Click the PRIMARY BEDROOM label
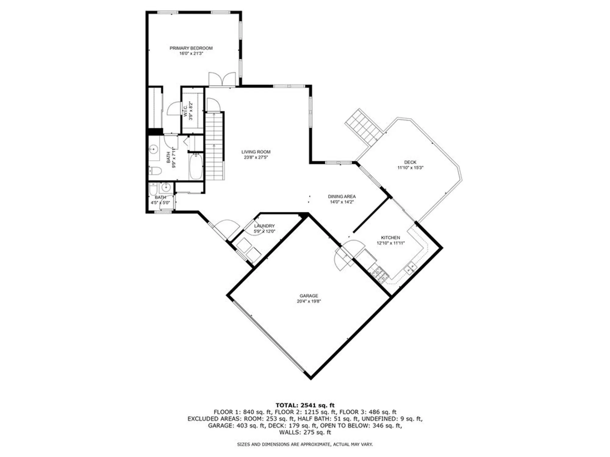(x=191, y=48)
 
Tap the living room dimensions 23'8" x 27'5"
(x=256, y=158)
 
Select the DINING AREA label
(x=342, y=197)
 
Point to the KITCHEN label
(x=390, y=238)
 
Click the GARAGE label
(x=309, y=296)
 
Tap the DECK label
(x=410, y=162)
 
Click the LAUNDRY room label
(x=264, y=226)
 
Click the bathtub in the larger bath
(x=196, y=167)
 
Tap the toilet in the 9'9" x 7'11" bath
(x=155, y=171)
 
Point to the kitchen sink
(x=410, y=268)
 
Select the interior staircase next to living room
(x=215, y=146)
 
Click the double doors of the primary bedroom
(x=222, y=80)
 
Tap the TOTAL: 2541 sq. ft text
(x=305, y=405)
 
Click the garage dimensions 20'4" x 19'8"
(x=309, y=301)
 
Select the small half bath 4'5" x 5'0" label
(x=160, y=197)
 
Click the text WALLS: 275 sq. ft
(x=305, y=432)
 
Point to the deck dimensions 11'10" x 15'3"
(x=410, y=168)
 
